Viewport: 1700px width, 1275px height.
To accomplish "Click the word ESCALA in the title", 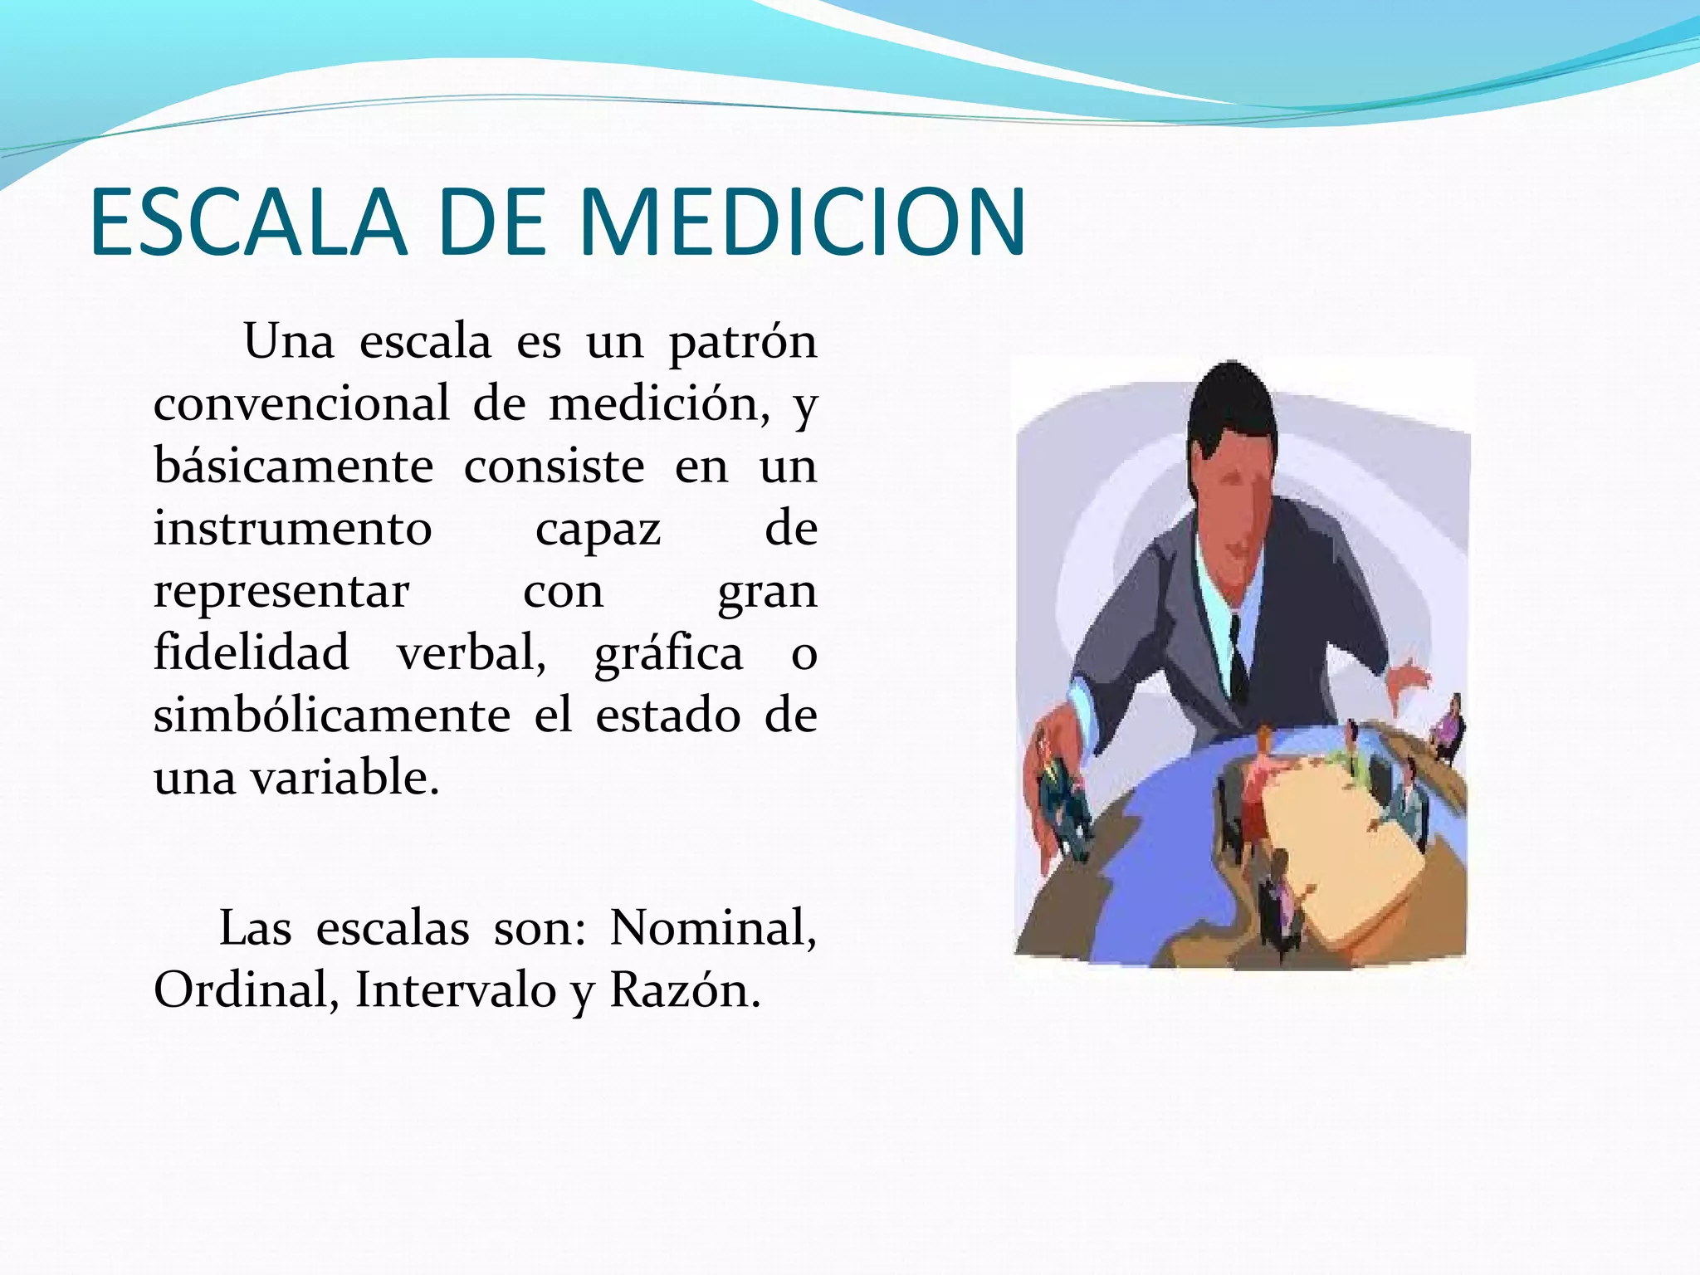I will point(247,222).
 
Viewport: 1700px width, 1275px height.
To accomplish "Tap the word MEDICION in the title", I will point(802,222).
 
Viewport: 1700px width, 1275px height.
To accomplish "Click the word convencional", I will point(301,404).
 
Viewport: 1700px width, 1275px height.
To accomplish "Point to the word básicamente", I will point(293,467).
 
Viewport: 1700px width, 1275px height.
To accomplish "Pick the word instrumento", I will point(292,529).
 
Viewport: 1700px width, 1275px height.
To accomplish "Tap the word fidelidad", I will point(251,652).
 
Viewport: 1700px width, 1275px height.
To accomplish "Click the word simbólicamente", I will point(331,716).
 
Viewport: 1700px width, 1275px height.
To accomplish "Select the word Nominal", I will point(712,928).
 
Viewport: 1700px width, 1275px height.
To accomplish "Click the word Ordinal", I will point(246,990).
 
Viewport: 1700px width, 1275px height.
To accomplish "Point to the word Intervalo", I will point(455,990).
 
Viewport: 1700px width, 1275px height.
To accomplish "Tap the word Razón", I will point(684,990).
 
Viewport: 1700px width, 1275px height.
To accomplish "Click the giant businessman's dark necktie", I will point(1238,664).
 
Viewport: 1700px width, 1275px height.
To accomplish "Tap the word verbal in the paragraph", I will point(471,653).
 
